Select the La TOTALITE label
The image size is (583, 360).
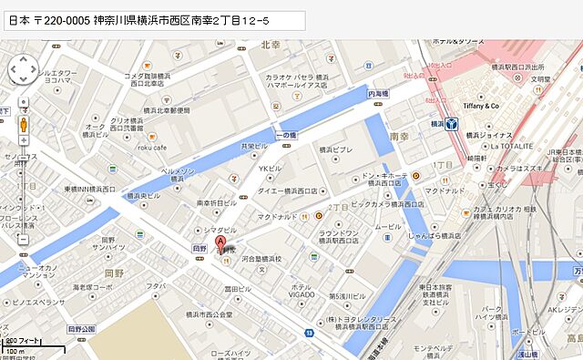[x=511, y=145]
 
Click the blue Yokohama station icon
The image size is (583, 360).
[x=450, y=125]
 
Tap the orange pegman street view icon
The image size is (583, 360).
[x=24, y=123]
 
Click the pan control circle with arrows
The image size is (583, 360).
[x=23, y=68]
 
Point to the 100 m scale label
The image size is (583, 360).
[x=15, y=350]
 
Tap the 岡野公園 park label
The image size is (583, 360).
[x=81, y=328]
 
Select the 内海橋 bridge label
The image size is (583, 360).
[x=378, y=94]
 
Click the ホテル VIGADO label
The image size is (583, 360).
[x=301, y=290]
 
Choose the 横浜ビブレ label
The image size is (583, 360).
[x=334, y=149]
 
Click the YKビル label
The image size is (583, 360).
[x=270, y=169]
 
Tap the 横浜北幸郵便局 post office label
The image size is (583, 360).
[x=164, y=110]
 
